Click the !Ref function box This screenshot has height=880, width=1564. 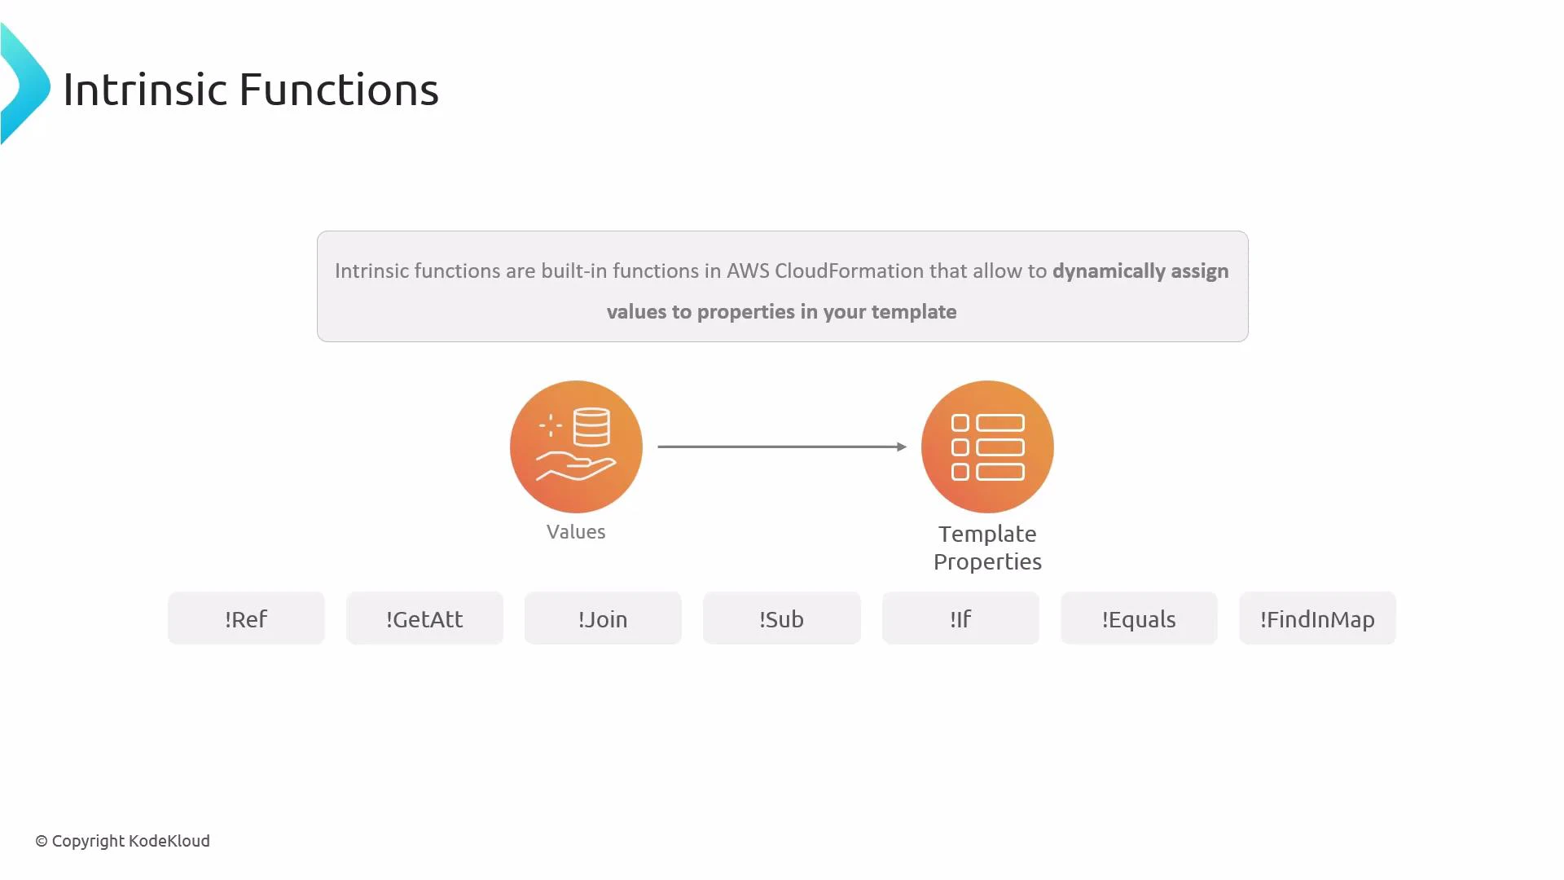click(246, 618)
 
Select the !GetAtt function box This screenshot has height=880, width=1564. click(424, 618)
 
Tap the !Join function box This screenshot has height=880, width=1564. click(603, 618)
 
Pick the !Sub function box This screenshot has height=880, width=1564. click(781, 618)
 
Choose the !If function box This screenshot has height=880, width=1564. click(960, 618)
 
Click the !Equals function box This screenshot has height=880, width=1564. click(1139, 618)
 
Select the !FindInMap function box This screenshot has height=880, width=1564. click(1317, 618)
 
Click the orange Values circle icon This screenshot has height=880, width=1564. click(576, 447)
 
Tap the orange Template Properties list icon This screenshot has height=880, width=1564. click(987, 447)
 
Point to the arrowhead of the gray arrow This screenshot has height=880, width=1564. click(901, 447)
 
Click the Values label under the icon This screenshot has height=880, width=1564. click(576, 532)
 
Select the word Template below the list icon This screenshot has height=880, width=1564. click(987, 534)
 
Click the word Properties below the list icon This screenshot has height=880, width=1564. click(987, 561)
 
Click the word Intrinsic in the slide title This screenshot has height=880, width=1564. click(145, 89)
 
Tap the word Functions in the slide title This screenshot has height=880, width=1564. click(339, 89)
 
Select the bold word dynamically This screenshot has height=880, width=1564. click(1109, 271)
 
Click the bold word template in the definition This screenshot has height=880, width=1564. click(914, 311)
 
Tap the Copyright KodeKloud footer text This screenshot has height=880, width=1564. click(123, 841)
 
